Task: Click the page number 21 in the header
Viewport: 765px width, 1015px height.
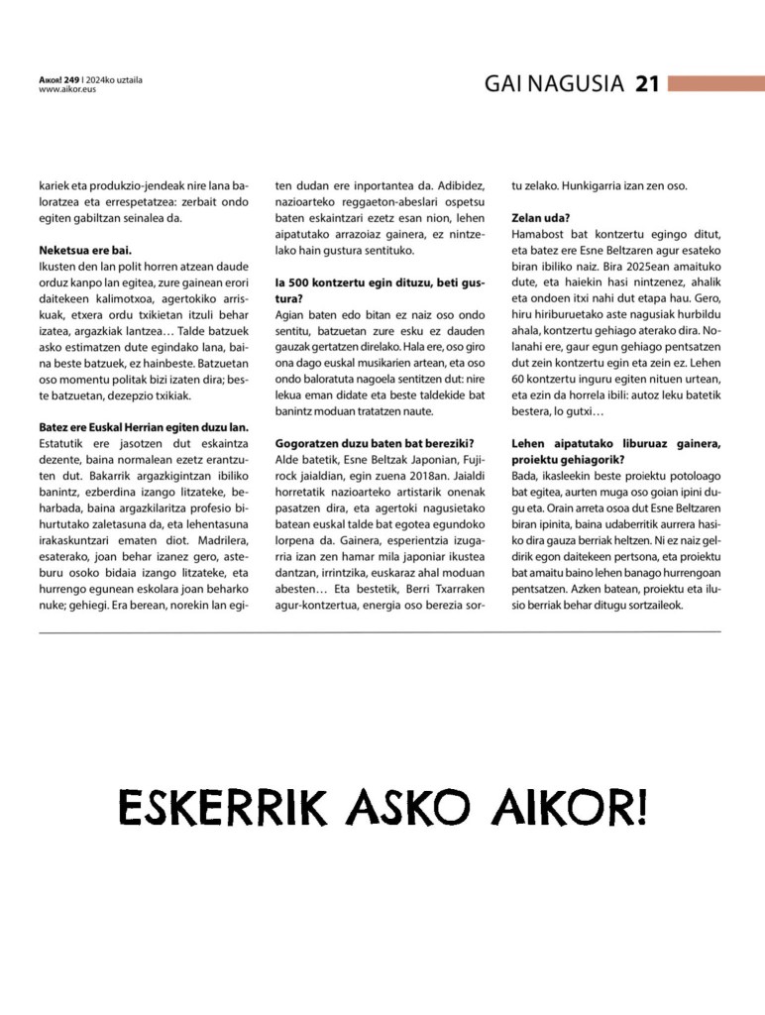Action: (x=647, y=84)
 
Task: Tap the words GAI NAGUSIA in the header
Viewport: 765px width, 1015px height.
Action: (x=553, y=84)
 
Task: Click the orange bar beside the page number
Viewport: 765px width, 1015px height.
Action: (x=715, y=84)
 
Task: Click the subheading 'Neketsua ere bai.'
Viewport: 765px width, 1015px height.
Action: (x=85, y=250)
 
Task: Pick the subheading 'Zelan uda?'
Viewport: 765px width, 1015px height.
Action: (x=541, y=217)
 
